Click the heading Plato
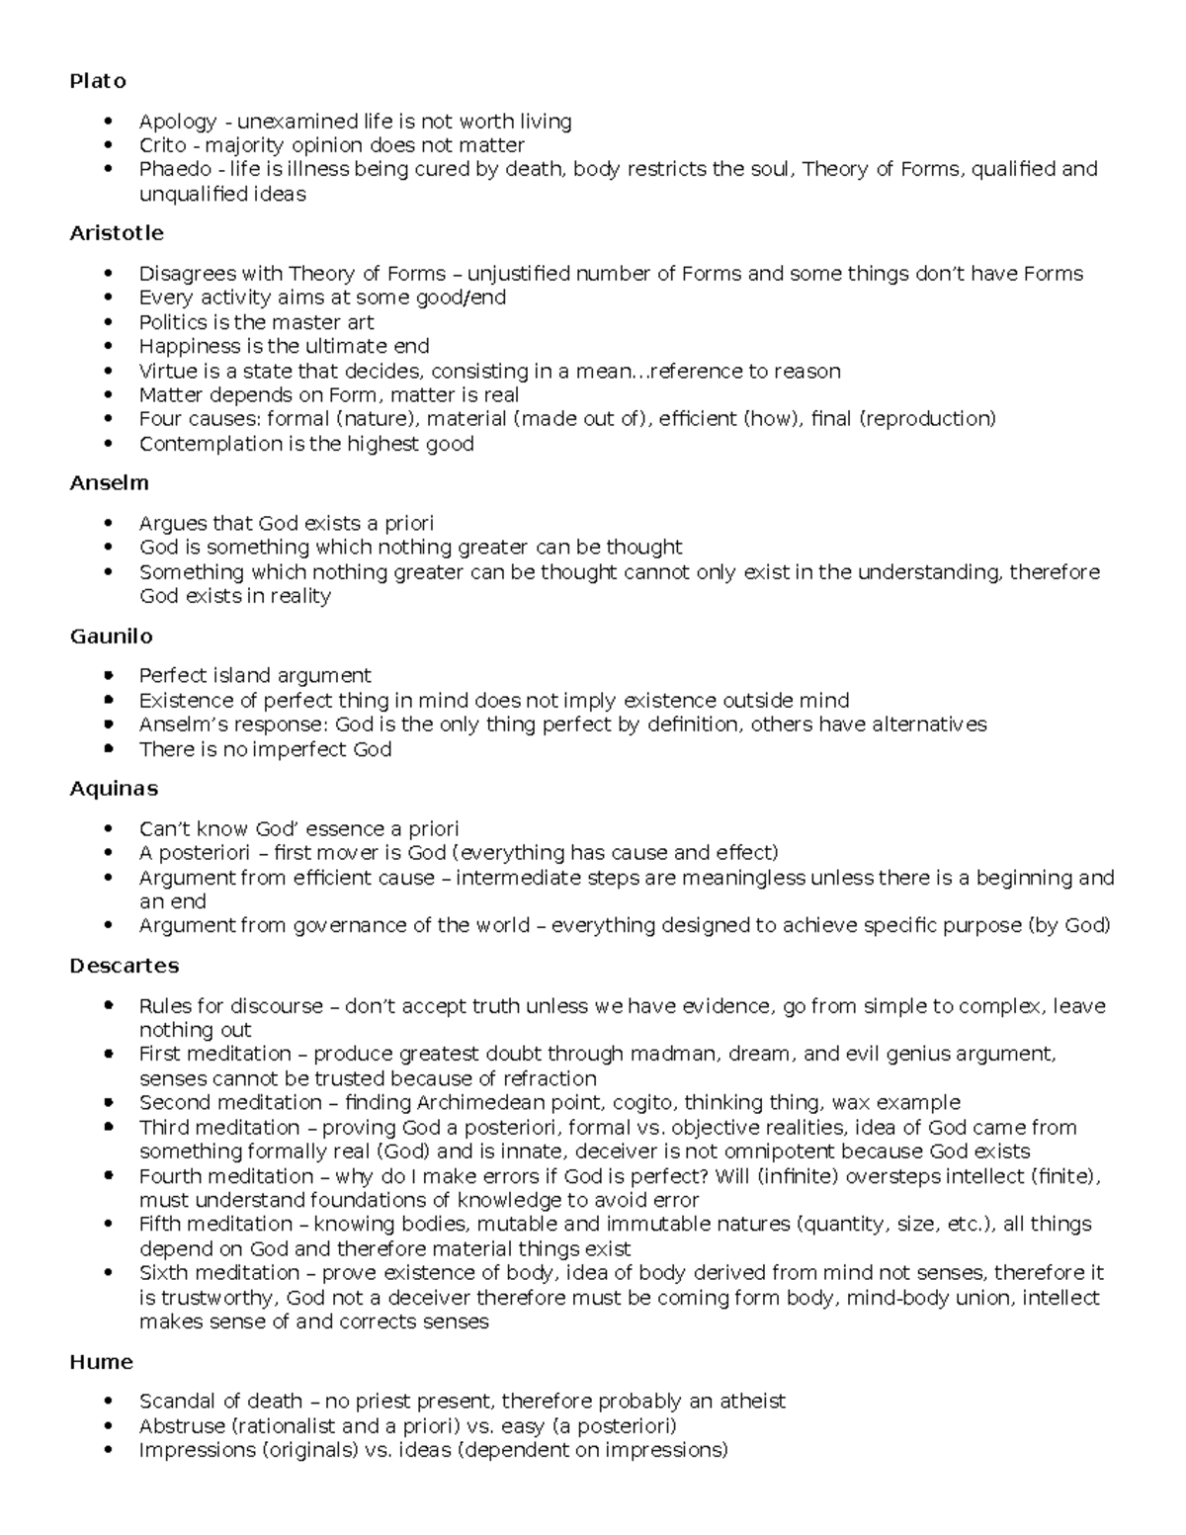(98, 81)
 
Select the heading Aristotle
(117, 233)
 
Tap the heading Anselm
(109, 483)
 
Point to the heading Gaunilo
(111, 636)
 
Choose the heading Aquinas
(114, 789)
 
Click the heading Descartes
(125, 966)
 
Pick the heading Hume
(101, 1362)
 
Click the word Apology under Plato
(177, 122)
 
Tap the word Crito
(162, 145)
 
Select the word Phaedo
(175, 169)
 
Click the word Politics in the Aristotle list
(173, 322)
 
